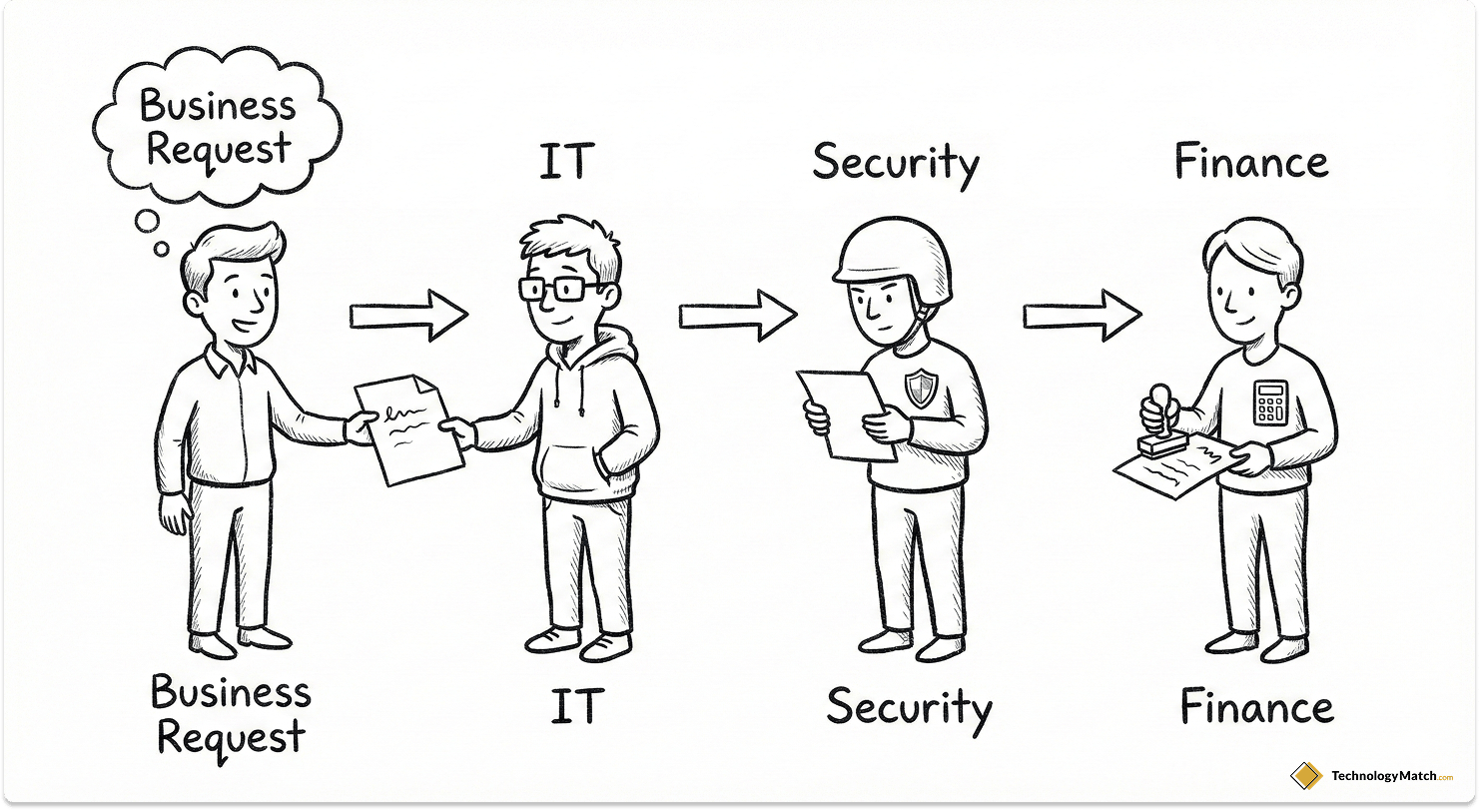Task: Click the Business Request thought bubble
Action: [x=219, y=127]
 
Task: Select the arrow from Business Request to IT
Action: [x=408, y=316]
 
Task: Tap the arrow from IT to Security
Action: [x=738, y=316]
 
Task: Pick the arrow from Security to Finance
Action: [x=1082, y=316]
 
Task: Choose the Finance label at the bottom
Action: [x=1256, y=707]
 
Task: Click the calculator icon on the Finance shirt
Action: [x=1269, y=402]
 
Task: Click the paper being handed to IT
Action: [x=409, y=429]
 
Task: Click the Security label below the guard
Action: [x=909, y=707]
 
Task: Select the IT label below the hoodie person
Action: [x=578, y=707]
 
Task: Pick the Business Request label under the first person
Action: [x=231, y=715]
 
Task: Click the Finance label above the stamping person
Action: [x=1251, y=162]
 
